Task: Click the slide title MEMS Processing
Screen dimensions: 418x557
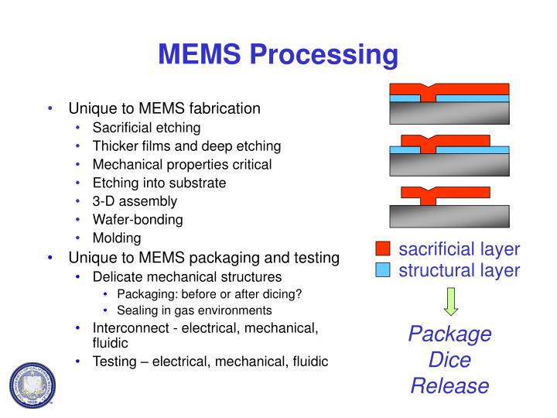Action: [278, 55]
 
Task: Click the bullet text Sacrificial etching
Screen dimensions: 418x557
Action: [146, 127]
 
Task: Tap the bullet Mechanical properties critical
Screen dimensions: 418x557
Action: [182, 164]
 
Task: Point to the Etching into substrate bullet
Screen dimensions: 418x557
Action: [159, 183]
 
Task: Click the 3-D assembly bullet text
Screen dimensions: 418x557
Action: [135, 201]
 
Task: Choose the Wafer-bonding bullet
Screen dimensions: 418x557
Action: [138, 220]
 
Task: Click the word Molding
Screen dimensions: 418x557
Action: [117, 238]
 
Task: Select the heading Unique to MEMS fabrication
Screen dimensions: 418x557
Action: [165, 108]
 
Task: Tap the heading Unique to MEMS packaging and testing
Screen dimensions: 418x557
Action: [204, 257]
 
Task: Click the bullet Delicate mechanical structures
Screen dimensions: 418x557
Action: [187, 276]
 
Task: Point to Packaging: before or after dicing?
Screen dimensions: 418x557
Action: [209, 293]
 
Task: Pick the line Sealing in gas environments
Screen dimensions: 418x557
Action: [194, 310]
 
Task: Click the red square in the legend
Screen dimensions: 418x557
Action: [383, 249]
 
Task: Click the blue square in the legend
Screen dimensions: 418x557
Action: [383, 270]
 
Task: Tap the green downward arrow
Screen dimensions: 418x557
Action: [450, 301]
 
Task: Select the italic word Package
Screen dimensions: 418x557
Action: [449, 334]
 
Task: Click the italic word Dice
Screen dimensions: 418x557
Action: [449, 360]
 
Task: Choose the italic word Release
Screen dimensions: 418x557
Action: [449, 385]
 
